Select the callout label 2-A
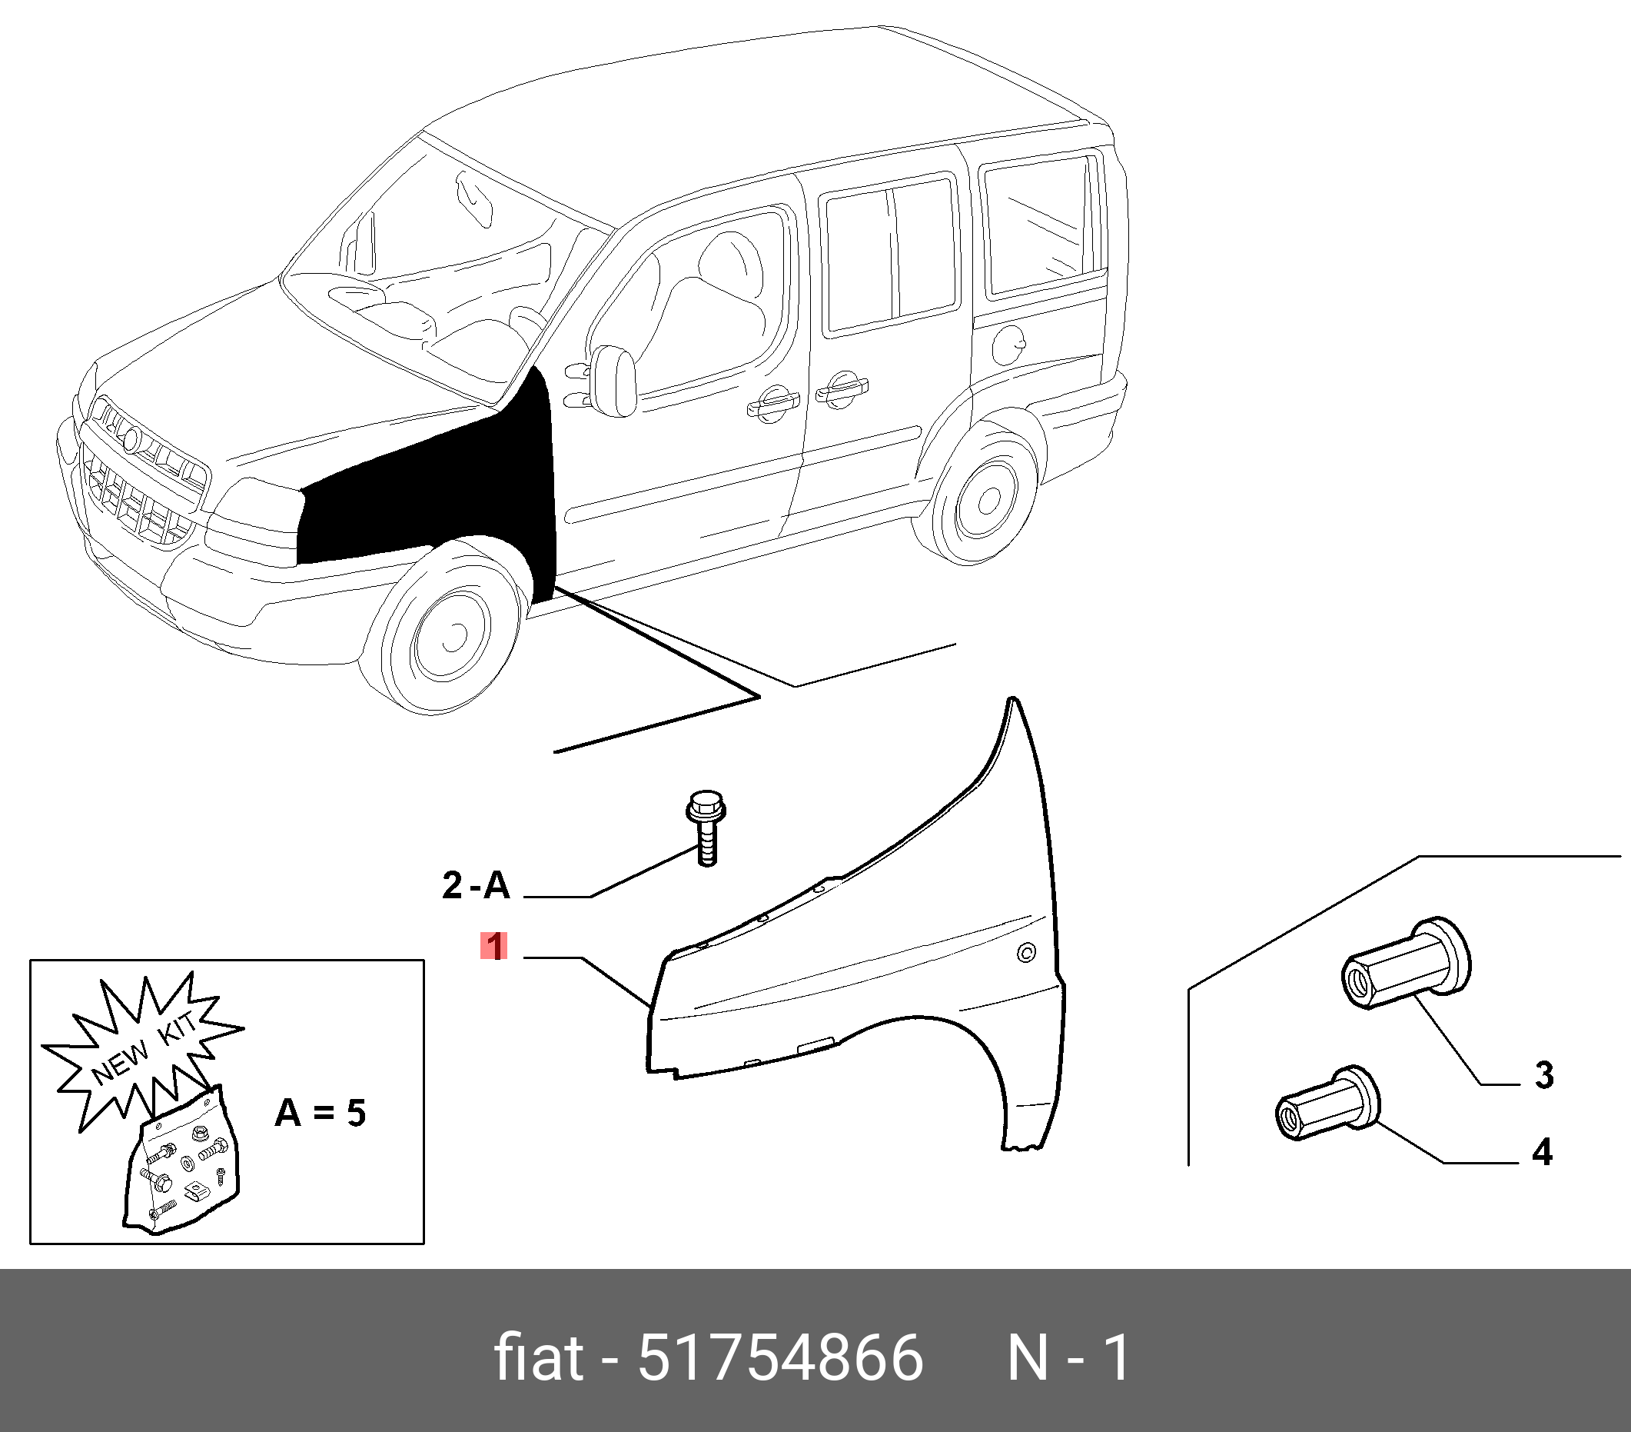pyautogui.click(x=476, y=885)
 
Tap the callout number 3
pyautogui.click(x=1543, y=1075)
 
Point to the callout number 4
pyautogui.click(x=1543, y=1152)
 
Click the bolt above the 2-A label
pyautogui.click(x=706, y=827)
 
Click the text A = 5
pyautogui.click(x=321, y=1112)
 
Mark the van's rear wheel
pyautogui.click(x=985, y=496)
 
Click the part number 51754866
pyautogui.click(x=779, y=1357)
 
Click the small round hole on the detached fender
pyautogui.click(x=1027, y=951)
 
